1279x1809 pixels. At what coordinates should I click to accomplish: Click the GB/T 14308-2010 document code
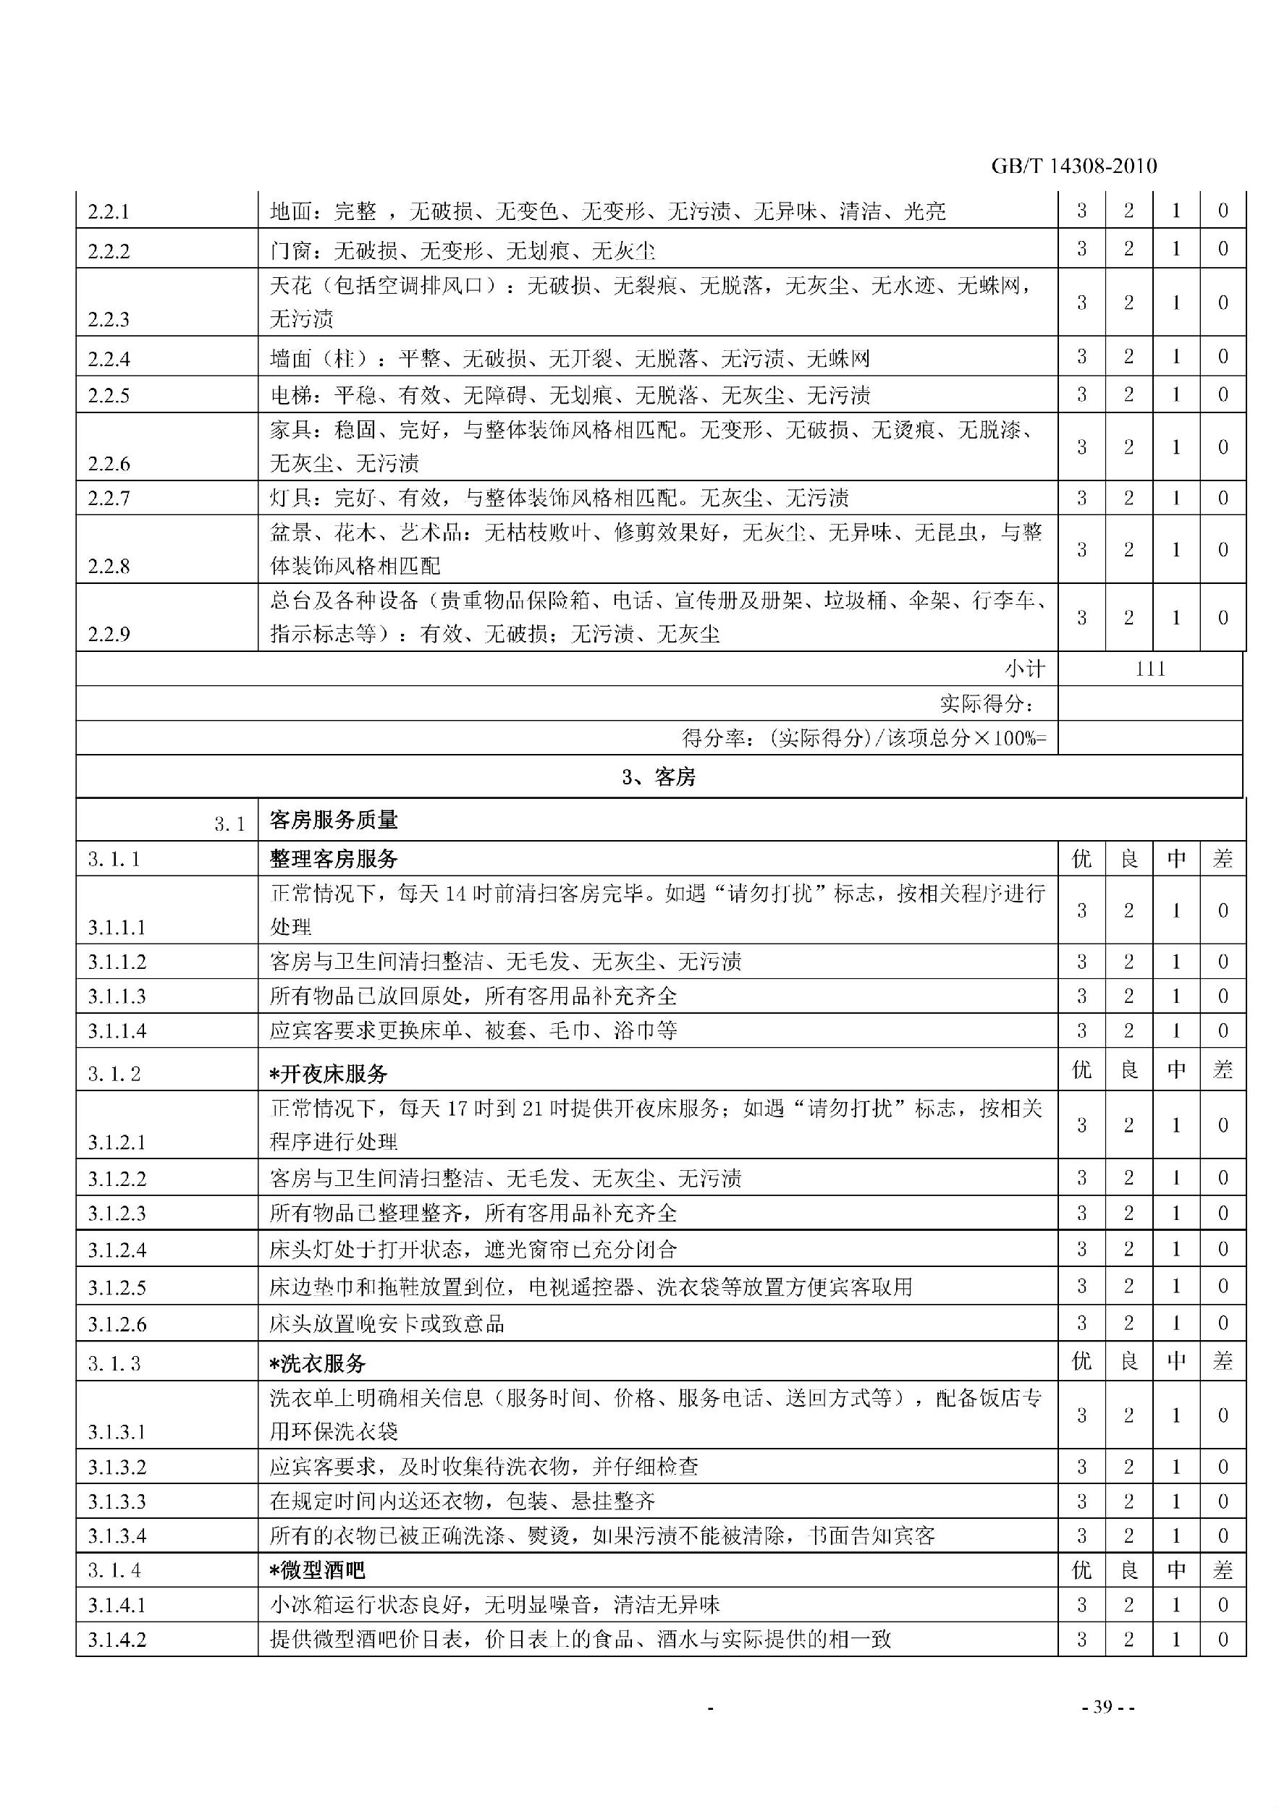tap(1073, 166)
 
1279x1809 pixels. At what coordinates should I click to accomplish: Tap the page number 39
tap(1102, 1706)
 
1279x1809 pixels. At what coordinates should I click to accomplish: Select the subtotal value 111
tap(1151, 669)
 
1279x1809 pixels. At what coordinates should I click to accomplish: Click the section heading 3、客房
tap(659, 778)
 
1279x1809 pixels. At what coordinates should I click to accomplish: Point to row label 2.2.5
tap(109, 396)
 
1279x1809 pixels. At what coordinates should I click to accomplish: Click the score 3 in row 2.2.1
tap(1081, 211)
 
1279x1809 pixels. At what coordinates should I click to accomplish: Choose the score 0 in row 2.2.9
tap(1223, 618)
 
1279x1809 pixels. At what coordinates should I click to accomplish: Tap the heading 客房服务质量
tap(334, 820)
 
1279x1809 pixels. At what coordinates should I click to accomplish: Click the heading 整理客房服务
tap(334, 859)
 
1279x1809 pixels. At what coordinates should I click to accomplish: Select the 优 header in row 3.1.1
tap(1081, 859)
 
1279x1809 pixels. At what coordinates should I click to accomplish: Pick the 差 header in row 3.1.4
tap(1223, 1570)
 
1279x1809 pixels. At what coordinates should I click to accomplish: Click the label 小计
tap(1024, 669)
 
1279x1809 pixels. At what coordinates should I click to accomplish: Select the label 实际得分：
tap(987, 703)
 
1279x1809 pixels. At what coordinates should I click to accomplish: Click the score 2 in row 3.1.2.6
tap(1128, 1323)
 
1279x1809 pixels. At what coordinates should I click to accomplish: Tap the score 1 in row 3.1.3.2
tap(1175, 1467)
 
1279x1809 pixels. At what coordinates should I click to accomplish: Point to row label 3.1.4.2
tap(117, 1640)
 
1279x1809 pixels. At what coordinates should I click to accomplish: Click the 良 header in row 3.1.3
tap(1128, 1362)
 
